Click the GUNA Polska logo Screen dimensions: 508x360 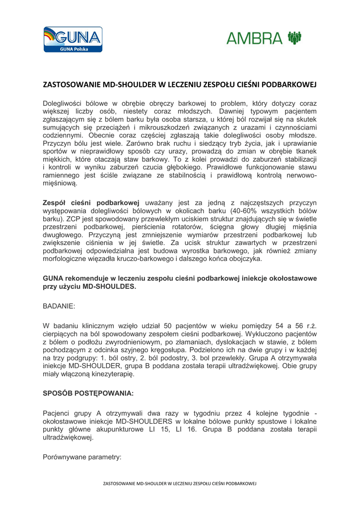click(x=73, y=39)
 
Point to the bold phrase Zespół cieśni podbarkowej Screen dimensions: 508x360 click(x=91, y=202)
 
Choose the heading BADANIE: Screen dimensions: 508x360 click(x=59, y=308)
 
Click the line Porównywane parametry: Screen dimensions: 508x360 click(x=82, y=457)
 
